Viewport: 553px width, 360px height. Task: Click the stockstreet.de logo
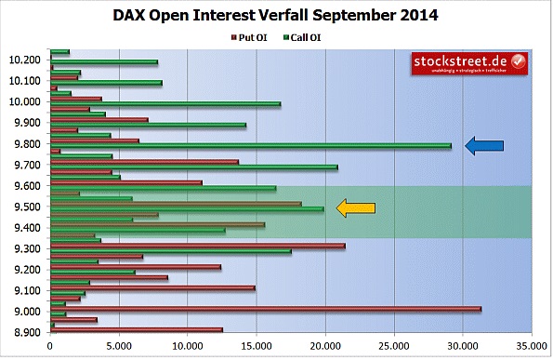click(469, 63)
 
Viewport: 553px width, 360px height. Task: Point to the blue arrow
click(483, 145)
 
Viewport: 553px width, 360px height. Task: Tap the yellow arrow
click(356, 208)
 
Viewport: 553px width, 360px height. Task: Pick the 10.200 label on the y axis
click(24, 60)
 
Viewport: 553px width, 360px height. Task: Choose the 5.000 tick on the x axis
click(118, 346)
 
